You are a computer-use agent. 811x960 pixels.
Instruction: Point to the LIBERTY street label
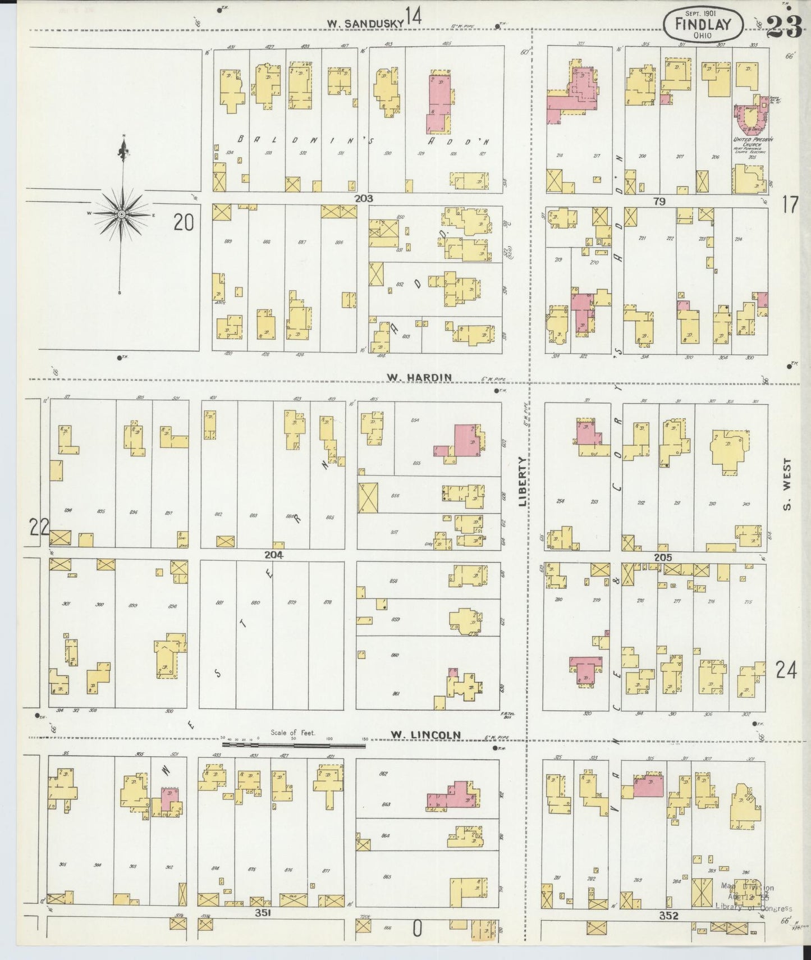(x=523, y=482)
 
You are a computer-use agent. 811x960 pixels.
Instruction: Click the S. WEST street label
(x=787, y=484)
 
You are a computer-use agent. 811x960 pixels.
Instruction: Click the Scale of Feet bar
(x=294, y=745)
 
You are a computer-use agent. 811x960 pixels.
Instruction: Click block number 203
(x=363, y=198)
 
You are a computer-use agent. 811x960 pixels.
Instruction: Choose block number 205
(x=662, y=557)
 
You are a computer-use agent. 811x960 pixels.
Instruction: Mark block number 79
(x=659, y=201)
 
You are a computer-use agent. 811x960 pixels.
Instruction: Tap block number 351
(x=263, y=913)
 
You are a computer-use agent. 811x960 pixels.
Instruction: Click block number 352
(x=669, y=916)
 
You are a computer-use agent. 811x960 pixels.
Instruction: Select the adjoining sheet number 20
(x=184, y=223)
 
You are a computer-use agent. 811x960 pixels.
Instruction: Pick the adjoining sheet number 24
(x=786, y=669)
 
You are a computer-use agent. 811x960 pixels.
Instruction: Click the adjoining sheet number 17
(x=789, y=205)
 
